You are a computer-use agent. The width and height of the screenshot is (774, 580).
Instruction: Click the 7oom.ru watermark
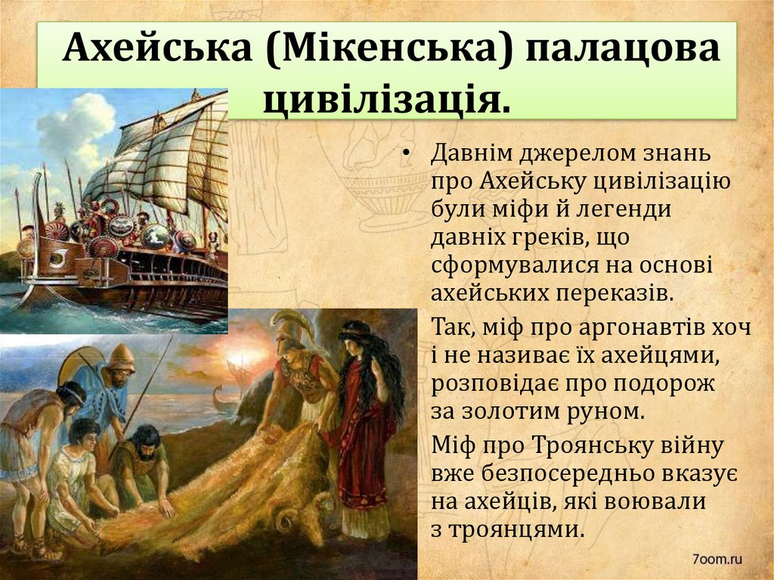[x=717, y=559]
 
